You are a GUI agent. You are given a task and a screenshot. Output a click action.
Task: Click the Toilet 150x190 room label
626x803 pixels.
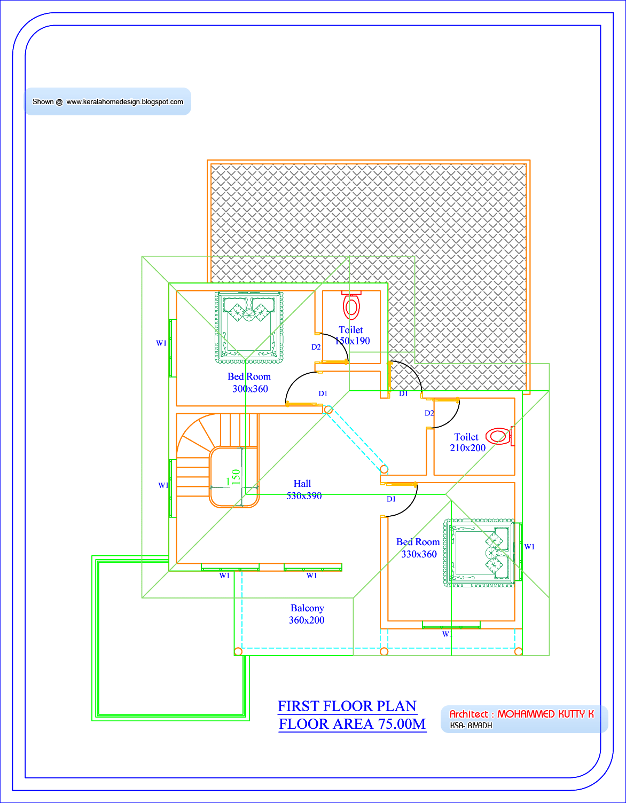click(x=352, y=335)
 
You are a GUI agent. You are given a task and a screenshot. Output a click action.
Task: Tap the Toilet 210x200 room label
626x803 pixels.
click(x=467, y=442)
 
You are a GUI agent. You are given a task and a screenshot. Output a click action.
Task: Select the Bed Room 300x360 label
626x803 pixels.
click(x=249, y=382)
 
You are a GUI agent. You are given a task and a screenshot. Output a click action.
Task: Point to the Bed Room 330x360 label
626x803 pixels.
click(x=418, y=548)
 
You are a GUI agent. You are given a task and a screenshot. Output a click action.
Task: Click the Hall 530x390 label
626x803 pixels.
click(x=304, y=490)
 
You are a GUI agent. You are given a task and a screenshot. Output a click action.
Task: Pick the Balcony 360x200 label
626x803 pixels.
click(x=307, y=614)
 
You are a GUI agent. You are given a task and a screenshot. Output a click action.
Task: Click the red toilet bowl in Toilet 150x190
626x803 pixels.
click(x=351, y=305)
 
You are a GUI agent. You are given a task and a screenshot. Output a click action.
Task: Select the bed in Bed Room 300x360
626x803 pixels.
click(x=249, y=327)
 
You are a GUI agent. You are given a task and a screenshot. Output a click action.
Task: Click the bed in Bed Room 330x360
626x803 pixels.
click(x=479, y=553)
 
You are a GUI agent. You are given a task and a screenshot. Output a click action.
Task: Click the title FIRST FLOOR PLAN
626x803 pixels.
click(x=347, y=706)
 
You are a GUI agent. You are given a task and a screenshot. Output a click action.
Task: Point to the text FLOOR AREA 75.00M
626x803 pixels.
click(x=352, y=724)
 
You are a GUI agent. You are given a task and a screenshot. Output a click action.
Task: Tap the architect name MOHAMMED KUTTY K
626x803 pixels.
click(x=545, y=714)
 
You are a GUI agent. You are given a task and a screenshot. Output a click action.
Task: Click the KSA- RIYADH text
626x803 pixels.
click(x=471, y=726)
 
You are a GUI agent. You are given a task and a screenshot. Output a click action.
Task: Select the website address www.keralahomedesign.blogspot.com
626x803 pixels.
click(x=125, y=101)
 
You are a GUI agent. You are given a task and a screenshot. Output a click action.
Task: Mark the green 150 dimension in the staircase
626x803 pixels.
click(x=236, y=477)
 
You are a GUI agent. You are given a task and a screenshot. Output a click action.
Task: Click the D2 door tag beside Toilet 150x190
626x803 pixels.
click(x=316, y=347)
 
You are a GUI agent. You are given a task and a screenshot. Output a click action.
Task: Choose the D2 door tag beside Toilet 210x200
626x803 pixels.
click(x=429, y=413)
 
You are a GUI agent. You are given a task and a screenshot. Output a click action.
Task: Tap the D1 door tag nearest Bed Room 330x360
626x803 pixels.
click(x=391, y=499)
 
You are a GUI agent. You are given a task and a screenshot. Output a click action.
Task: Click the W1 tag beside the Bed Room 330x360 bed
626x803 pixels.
click(x=529, y=547)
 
